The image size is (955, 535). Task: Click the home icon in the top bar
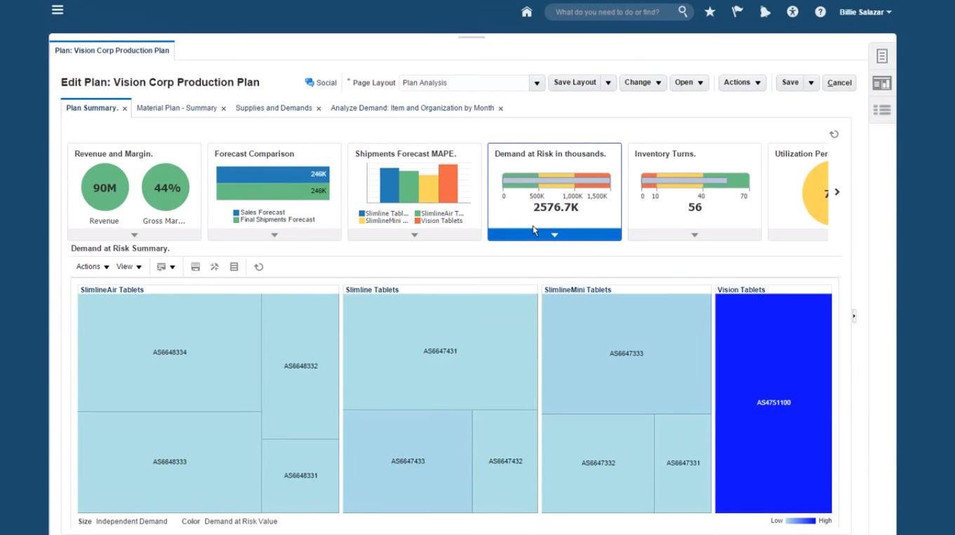(526, 12)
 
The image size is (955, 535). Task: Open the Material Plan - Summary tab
(176, 108)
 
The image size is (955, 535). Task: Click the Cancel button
(839, 83)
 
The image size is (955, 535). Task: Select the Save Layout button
(575, 83)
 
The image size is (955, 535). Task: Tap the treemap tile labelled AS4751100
(773, 402)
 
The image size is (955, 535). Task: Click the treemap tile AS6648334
(170, 352)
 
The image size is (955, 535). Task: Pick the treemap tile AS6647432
(505, 461)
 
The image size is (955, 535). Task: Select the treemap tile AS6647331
(683, 463)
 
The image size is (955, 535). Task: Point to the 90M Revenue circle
(105, 187)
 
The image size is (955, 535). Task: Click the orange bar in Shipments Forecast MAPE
(448, 184)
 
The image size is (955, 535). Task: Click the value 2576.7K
(556, 208)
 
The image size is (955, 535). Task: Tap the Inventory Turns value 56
(695, 208)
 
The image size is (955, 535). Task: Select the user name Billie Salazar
(865, 12)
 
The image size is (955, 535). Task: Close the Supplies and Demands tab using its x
(319, 109)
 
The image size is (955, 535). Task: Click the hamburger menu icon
(58, 10)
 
